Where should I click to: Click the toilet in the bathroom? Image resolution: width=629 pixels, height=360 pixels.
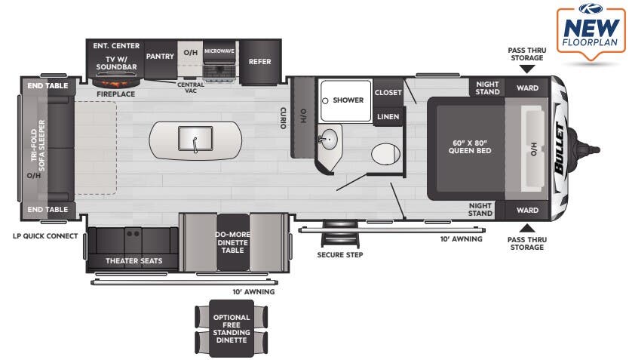pyautogui.click(x=385, y=153)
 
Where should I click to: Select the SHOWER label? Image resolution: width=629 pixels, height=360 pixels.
pyautogui.click(x=348, y=100)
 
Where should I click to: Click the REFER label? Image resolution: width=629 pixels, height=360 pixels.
pyautogui.click(x=259, y=62)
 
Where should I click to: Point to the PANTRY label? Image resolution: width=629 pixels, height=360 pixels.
pyautogui.click(x=160, y=56)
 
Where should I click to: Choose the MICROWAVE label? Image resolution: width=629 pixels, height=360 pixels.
pyautogui.click(x=219, y=51)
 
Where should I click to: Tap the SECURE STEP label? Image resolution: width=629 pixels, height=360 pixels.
pyautogui.click(x=339, y=255)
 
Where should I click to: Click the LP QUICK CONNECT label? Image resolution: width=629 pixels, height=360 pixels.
pyautogui.click(x=45, y=236)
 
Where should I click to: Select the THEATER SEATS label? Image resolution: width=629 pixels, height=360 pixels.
pyautogui.click(x=133, y=261)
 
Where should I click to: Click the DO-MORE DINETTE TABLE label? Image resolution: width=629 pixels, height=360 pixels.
pyautogui.click(x=232, y=242)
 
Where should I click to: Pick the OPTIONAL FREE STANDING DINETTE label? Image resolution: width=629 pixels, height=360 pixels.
pyautogui.click(x=232, y=328)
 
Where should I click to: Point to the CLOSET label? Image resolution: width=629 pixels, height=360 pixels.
pyautogui.click(x=388, y=92)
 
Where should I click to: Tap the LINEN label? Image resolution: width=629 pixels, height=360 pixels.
pyautogui.click(x=388, y=116)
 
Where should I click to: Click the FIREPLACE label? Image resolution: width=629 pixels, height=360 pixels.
pyautogui.click(x=115, y=94)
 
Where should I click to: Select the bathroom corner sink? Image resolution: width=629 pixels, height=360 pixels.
pyautogui.click(x=327, y=140)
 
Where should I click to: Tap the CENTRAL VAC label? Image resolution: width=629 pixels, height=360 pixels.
pyautogui.click(x=191, y=87)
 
